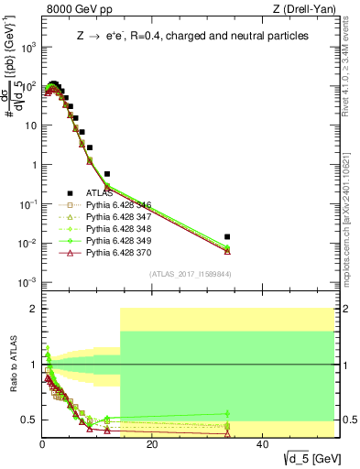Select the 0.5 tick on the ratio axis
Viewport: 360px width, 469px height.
click(30, 420)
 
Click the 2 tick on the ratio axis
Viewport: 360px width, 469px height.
click(34, 309)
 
